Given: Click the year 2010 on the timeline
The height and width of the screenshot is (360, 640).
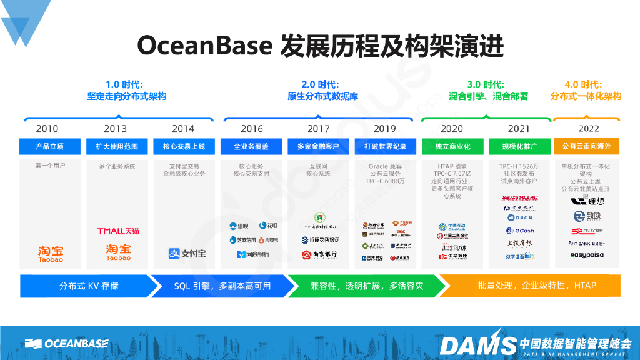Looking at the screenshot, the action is pyautogui.click(x=47, y=129).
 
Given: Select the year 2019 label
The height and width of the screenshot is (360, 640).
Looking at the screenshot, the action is pyautogui.click(x=385, y=129).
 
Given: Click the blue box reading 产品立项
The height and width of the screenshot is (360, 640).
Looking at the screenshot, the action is pyautogui.click(x=50, y=147).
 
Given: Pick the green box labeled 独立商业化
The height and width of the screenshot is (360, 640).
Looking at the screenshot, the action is pyautogui.click(x=452, y=147).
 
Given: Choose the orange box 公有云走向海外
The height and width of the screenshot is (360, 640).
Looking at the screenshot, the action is pyautogui.click(x=586, y=147).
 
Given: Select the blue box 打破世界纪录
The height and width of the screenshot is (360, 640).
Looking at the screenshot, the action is pyautogui.click(x=385, y=147).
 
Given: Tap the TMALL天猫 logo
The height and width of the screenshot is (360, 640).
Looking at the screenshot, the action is pyautogui.click(x=118, y=231).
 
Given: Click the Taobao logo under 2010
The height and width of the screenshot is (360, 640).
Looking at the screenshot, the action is pyautogui.click(x=51, y=253).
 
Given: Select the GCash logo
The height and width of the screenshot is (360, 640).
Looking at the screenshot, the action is pyautogui.click(x=519, y=231).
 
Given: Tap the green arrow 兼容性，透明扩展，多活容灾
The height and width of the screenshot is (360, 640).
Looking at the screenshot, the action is pyautogui.click(x=366, y=286).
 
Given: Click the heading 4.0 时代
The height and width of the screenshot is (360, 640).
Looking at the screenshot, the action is pyautogui.click(x=582, y=84).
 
